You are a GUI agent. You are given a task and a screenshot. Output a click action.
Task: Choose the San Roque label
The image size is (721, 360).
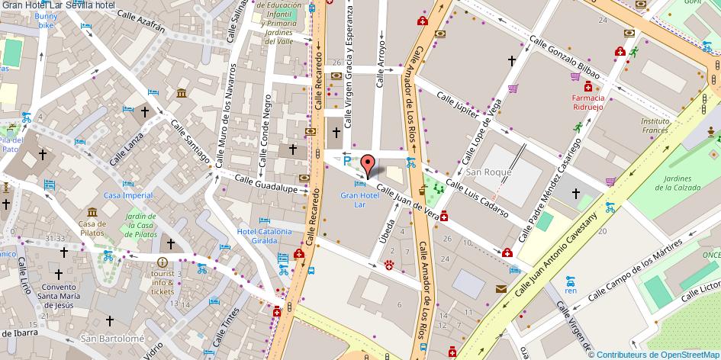point(488,172)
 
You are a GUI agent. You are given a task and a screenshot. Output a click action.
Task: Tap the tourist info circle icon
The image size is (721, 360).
point(162,262)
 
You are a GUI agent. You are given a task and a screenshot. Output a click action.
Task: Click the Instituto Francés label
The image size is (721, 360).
point(655,125)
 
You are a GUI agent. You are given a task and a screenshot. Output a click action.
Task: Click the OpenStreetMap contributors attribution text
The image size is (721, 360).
point(656,354)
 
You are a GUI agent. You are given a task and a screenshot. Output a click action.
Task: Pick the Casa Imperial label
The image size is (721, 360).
point(128,196)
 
